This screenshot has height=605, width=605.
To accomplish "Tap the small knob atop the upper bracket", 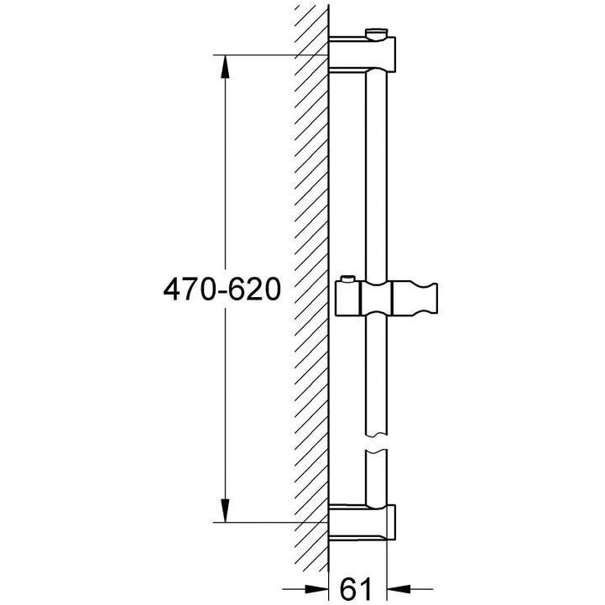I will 378,34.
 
